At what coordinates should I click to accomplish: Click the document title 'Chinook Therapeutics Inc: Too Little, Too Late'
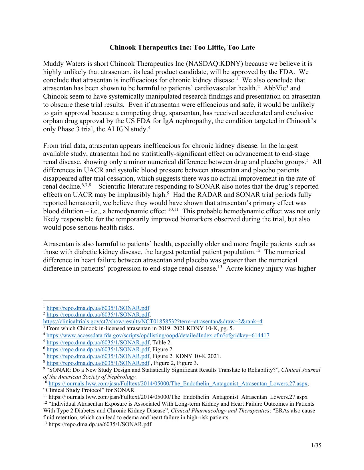tap(182, 47)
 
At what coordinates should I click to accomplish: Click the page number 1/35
tap(316, 445)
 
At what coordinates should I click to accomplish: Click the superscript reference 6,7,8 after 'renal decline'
tap(86, 185)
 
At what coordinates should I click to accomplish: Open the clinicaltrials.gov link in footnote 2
tap(153, 322)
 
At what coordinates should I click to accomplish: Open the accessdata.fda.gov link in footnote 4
tap(158, 336)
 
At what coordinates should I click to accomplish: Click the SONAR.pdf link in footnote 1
tap(98, 308)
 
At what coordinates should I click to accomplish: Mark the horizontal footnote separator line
tap(86, 301)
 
